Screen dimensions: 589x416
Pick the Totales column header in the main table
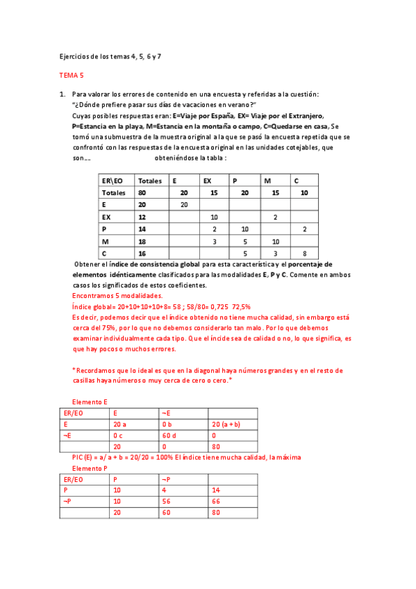[150, 181]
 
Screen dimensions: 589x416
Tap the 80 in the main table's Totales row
[142, 192]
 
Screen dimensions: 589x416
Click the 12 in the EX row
[142, 217]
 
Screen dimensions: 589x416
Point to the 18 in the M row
[142, 241]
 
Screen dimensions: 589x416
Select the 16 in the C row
[142, 254]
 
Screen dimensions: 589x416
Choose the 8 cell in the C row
[304, 254]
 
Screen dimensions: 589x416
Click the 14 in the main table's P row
[142, 229]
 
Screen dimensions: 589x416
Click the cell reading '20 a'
[119, 424]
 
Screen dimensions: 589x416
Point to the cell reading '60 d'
[168, 435]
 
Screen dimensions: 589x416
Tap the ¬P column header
[167, 479]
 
